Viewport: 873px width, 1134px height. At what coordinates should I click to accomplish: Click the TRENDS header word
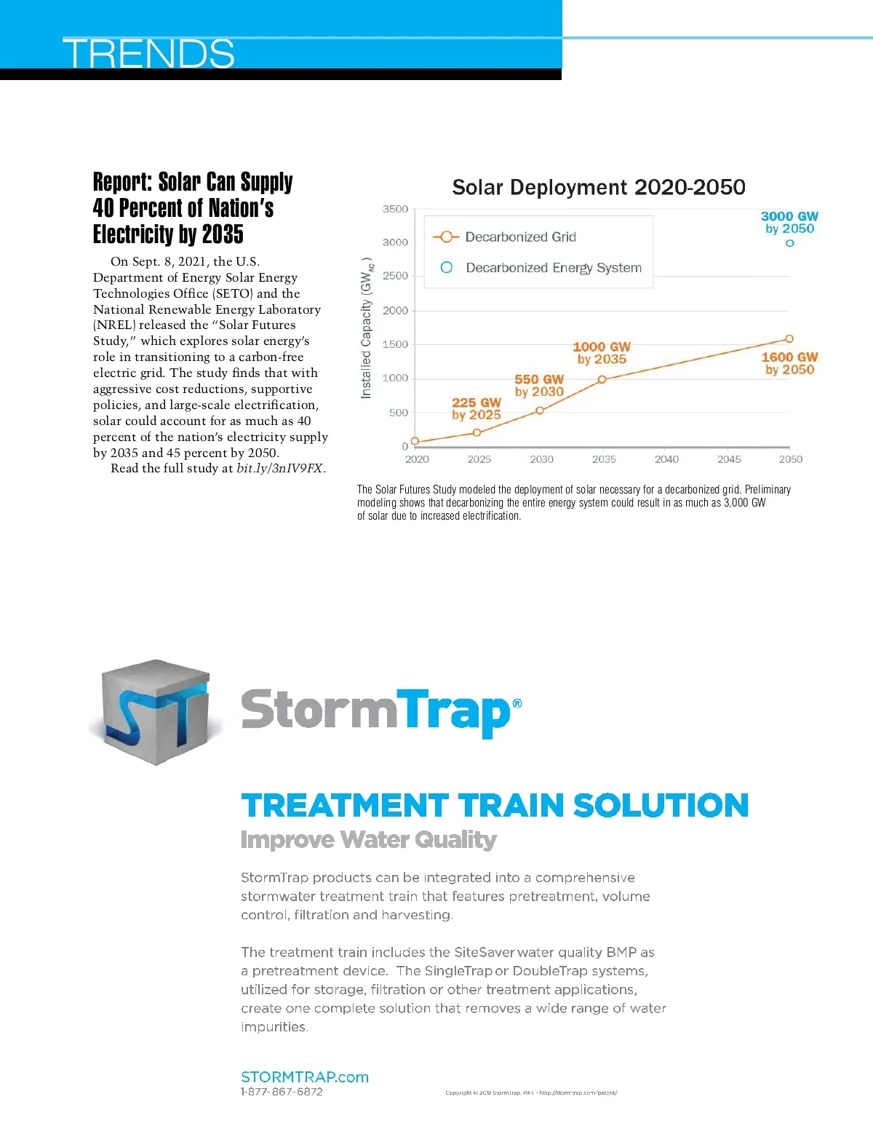click(149, 53)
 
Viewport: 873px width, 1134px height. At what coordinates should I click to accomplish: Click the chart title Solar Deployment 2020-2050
click(598, 187)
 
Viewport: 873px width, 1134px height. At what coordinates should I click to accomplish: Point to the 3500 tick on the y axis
click(396, 209)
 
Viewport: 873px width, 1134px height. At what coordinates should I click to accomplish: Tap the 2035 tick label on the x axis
click(604, 459)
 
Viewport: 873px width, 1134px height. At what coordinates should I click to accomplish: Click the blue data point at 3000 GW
click(789, 243)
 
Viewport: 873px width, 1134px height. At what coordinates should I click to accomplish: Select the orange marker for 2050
click(789, 339)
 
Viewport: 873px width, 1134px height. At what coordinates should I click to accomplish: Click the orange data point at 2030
click(540, 411)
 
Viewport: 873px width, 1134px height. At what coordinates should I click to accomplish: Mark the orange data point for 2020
click(415, 441)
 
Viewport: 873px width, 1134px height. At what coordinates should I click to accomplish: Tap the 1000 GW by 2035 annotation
click(602, 353)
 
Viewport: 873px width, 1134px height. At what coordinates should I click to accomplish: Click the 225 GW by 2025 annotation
click(477, 408)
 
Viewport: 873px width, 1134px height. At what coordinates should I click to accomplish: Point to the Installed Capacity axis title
click(367, 328)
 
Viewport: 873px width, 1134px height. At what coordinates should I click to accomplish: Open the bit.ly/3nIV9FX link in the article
click(280, 468)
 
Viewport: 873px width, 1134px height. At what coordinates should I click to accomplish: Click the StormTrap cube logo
click(155, 712)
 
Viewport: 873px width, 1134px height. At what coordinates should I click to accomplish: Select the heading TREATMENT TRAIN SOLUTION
click(495, 806)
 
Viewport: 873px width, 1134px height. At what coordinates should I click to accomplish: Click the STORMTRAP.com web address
click(305, 1077)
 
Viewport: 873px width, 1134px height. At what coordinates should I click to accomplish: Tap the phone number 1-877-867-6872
click(282, 1092)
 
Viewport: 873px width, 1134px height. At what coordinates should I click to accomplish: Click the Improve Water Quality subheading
click(369, 840)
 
